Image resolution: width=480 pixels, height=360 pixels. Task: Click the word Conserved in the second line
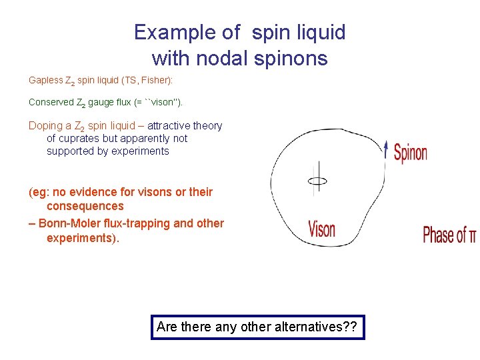(x=51, y=103)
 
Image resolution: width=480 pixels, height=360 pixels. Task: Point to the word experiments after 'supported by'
(x=141, y=151)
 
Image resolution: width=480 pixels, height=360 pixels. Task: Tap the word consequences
(x=85, y=207)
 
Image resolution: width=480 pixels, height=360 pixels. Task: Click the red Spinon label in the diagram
(x=410, y=153)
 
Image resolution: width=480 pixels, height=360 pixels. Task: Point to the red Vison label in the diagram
(x=322, y=230)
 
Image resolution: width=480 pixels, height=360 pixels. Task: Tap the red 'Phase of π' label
(x=449, y=235)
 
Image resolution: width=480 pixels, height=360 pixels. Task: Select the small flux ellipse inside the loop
(x=317, y=181)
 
